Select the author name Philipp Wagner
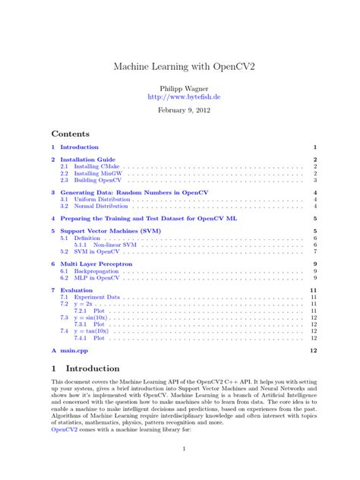click(x=179, y=88)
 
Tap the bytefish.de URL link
click(x=179, y=97)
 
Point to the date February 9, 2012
click(x=179, y=110)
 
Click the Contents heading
click(x=70, y=133)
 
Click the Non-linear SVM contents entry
click(x=115, y=245)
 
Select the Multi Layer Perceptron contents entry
click(x=96, y=264)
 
